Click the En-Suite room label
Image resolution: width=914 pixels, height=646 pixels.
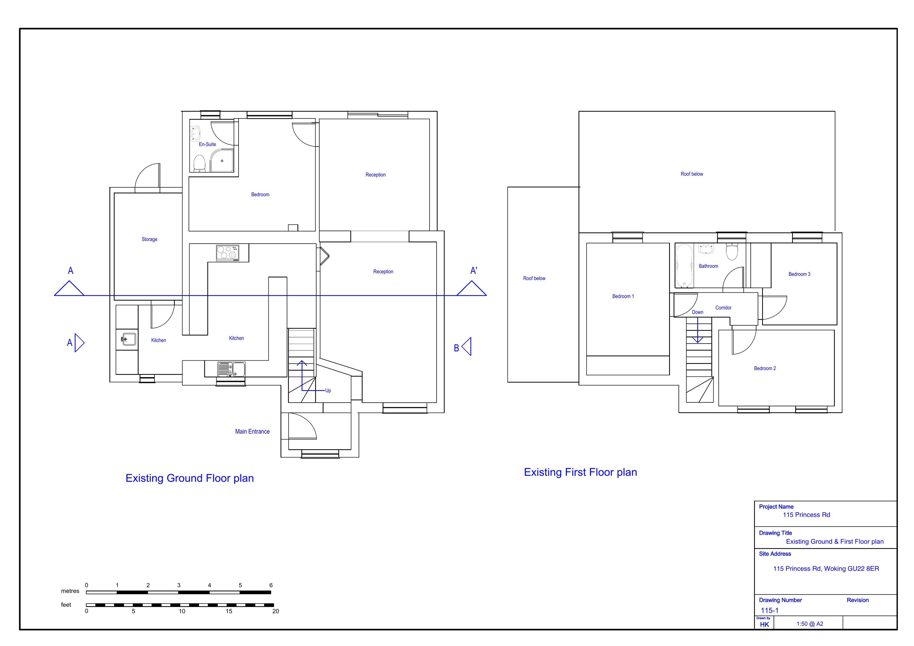(207, 144)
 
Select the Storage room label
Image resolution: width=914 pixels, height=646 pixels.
(149, 239)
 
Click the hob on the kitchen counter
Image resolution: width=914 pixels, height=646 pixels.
(228, 253)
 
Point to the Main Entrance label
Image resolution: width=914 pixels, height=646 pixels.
(252, 432)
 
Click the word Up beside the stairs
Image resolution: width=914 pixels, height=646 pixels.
(328, 390)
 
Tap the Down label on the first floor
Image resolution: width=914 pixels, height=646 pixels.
(697, 312)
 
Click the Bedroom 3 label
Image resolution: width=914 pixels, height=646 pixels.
(799, 274)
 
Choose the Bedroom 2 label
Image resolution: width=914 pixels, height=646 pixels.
(765, 368)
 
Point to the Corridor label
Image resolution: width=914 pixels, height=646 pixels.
(723, 308)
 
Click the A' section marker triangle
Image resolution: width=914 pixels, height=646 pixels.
(472, 288)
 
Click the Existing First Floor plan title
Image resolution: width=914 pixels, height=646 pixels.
(580, 472)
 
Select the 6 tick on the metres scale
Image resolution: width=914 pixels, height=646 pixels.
(271, 585)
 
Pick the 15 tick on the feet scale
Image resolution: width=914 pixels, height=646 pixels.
(229, 611)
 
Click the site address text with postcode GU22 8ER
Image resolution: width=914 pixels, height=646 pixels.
(826, 568)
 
